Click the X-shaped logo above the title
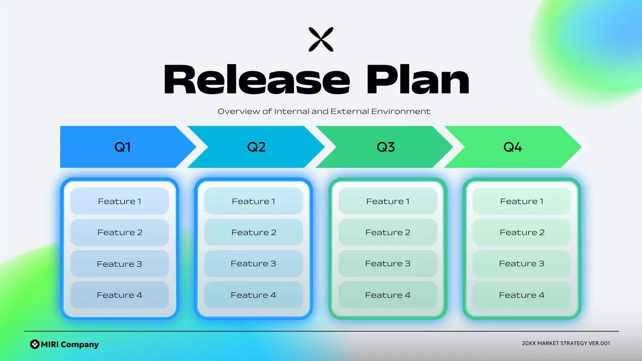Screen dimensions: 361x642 [x=321, y=40]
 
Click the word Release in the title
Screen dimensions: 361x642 [x=256, y=80]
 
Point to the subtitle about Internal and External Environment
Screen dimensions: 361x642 [x=324, y=111]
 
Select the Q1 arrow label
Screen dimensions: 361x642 [x=123, y=147]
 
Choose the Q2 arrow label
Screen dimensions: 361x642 [x=256, y=147]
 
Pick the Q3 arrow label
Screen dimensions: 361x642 [x=386, y=147]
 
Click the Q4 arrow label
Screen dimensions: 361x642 [x=513, y=147]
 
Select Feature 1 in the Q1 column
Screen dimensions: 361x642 [x=119, y=201]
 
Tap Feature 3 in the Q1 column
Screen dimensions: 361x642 [x=119, y=264]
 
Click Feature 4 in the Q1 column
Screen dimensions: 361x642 [x=119, y=295]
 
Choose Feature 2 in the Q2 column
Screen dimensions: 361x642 [x=254, y=232]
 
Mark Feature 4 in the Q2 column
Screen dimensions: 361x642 [x=254, y=295]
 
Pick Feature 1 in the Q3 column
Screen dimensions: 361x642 [x=388, y=201]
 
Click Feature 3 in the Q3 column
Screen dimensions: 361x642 [x=388, y=264]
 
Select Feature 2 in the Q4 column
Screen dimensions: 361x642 [x=522, y=232]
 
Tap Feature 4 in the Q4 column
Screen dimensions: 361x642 [x=522, y=295]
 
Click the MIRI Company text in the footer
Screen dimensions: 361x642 [x=70, y=344]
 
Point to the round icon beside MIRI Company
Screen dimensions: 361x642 [x=35, y=344]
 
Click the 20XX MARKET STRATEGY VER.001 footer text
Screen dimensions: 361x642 [x=566, y=343]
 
